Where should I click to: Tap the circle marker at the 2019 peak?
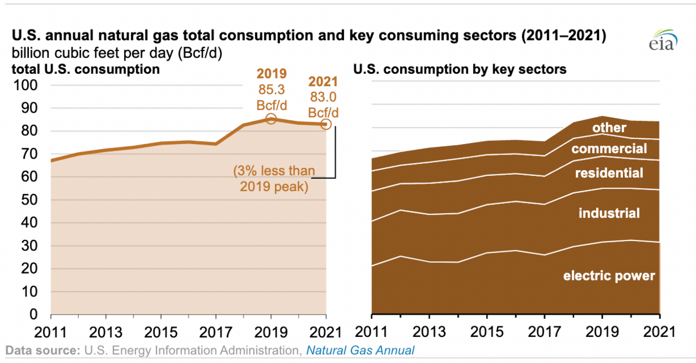pyautogui.click(x=270, y=118)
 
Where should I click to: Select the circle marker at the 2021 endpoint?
pyautogui.click(x=326, y=124)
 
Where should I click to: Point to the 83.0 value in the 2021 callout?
pyautogui.click(x=323, y=96)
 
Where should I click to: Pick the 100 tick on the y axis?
pyautogui.click(x=26, y=85)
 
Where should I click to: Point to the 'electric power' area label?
pyautogui.click(x=609, y=275)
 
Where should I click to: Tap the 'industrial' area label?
pyautogui.click(x=609, y=213)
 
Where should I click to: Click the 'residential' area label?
pyautogui.click(x=609, y=172)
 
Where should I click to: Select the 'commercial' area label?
pyautogui.click(x=609, y=149)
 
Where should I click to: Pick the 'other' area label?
pyautogui.click(x=609, y=127)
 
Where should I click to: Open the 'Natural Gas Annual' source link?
pyautogui.click(x=360, y=350)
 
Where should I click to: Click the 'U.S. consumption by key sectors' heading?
pyautogui.click(x=460, y=70)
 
